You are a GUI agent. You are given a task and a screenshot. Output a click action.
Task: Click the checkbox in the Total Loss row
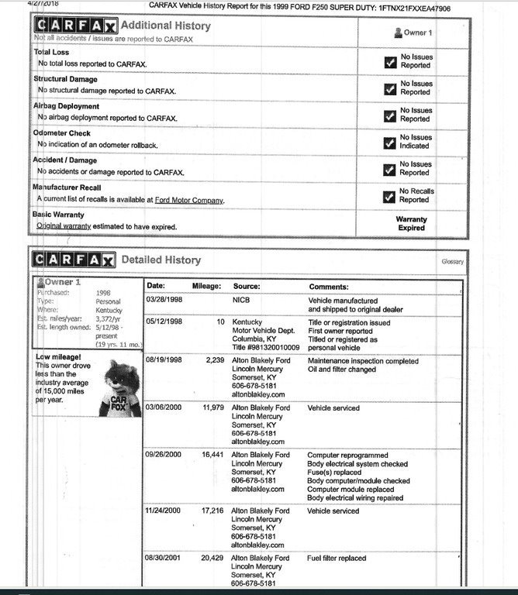coord(390,62)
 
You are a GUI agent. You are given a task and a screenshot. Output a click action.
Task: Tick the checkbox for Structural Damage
coord(390,88)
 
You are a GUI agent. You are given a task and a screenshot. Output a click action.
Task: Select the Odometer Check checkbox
coord(390,142)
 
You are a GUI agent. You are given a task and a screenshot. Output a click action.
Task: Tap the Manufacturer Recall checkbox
coord(390,196)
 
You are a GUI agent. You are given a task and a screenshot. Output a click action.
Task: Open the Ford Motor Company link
coord(188,200)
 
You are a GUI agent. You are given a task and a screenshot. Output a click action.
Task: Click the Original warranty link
coord(64,226)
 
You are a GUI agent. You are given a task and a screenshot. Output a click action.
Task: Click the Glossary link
coord(453,262)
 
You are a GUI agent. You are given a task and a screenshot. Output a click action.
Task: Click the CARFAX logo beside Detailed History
coord(74,260)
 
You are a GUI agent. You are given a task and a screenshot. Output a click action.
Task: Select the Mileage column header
coord(207,287)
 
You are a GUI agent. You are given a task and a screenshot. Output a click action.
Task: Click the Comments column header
coord(329,287)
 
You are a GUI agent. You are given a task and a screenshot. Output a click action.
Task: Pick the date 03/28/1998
coord(164,301)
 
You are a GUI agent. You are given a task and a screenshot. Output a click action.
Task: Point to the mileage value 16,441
coord(212,455)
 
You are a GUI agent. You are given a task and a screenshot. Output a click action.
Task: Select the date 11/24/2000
coord(164,511)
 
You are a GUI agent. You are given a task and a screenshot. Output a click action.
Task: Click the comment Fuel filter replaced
coord(337,558)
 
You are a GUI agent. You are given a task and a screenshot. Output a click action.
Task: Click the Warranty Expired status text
coord(411,224)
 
